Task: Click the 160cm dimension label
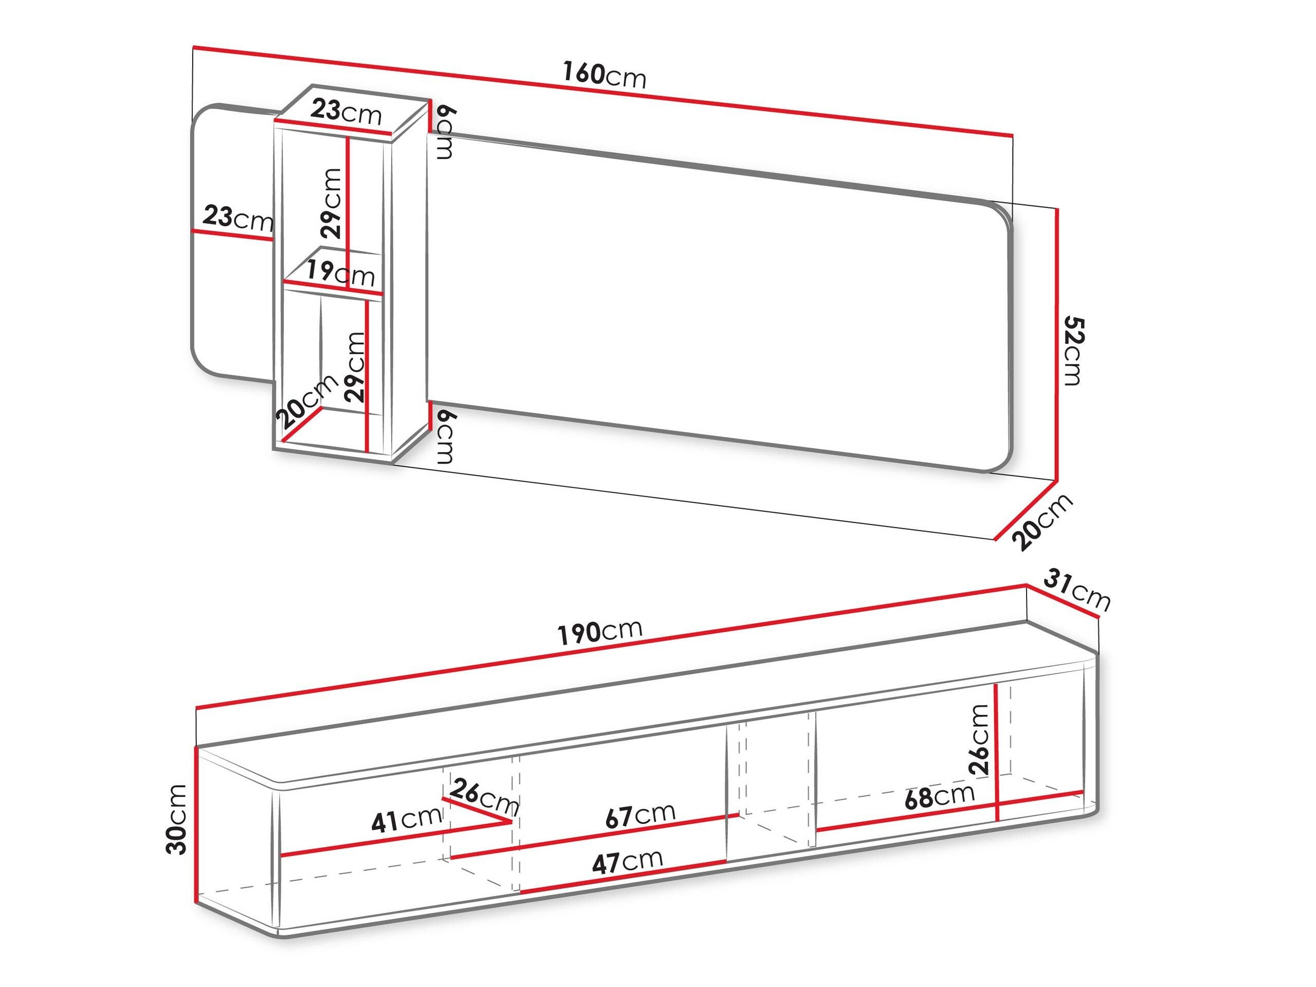pos(604,75)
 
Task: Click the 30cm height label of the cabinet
pos(177,819)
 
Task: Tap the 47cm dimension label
pos(627,861)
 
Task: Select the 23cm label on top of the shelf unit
pos(345,111)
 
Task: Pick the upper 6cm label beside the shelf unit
pos(446,133)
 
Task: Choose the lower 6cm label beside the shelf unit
pos(446,437)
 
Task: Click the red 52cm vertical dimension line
pos(1057,345)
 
